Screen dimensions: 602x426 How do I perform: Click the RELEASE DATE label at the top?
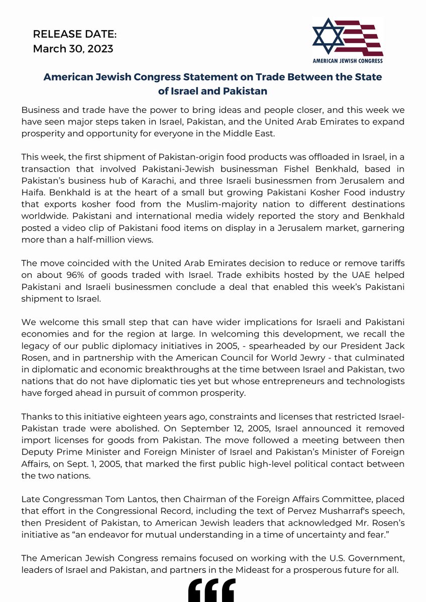click(74, 35)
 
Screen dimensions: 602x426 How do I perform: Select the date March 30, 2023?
click(73, 49)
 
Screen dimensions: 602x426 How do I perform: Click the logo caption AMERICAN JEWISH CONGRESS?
click(348, 61)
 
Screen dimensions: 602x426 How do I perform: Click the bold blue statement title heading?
click(212, 84)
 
